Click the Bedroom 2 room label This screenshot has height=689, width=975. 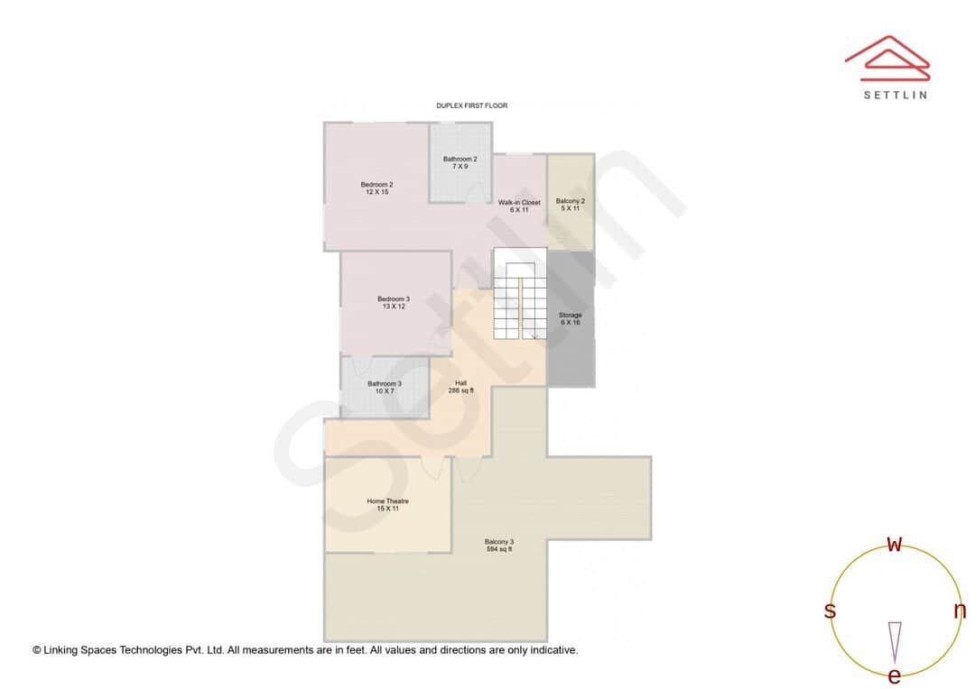(x=377, y=188)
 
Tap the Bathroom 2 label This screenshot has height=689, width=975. (x=460, y=162)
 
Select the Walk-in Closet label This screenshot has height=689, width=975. (x=519, y=206)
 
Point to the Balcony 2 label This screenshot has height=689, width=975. (x=570, y=204)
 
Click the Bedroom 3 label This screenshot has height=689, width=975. (x=394, y=302)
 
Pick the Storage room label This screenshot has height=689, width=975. (x=570, y=318)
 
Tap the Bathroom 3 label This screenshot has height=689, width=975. (x=385, y=387)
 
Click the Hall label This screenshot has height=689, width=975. (x=460, y=387)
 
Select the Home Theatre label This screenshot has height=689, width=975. (x=387, y=504)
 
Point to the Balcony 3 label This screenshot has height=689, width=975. (x=499, y=545)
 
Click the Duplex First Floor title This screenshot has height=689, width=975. (x=471, y=106)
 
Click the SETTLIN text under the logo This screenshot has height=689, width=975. (x=895, y=95)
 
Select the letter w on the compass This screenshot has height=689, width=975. (x=895, y=544)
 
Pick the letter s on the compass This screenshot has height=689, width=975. (x=830, y=611)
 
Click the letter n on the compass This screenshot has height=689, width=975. (x=960, y=611)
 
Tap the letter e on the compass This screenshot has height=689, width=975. (x=895, y=675)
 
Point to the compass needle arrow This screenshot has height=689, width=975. (x=895, y=640)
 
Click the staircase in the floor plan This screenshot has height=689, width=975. (x=520, y=301)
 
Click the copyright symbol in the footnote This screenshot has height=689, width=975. (x=37, y=649)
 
